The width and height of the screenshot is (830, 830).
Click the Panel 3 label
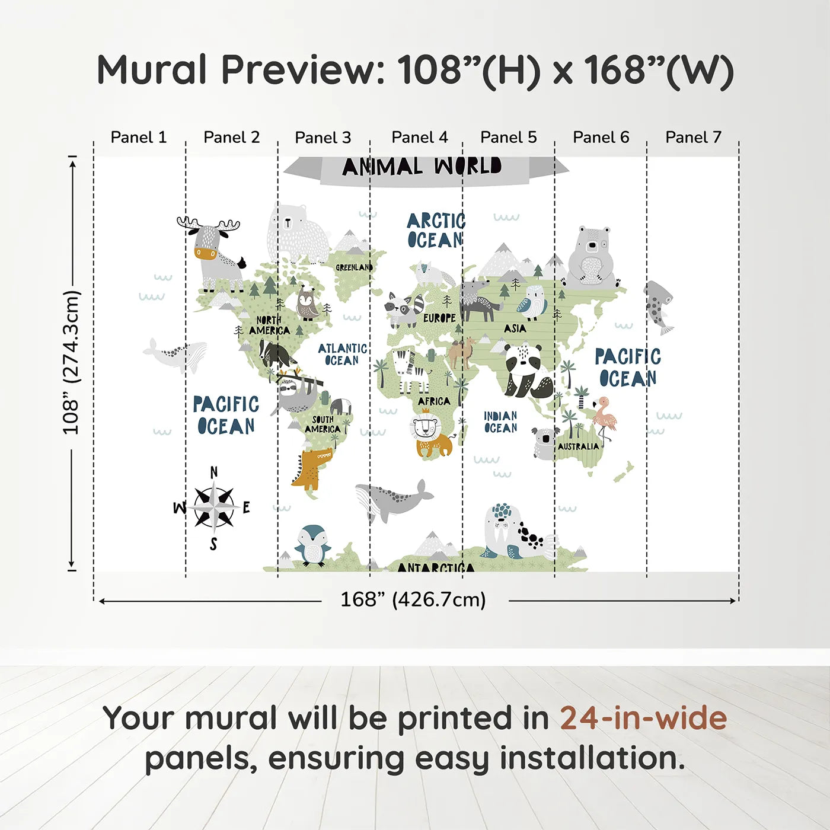click(x=323, y=138)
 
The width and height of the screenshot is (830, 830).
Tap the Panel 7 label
click(x=693, y=137)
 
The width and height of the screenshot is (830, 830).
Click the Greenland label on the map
click(x=354, y=267)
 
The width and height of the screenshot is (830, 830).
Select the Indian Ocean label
click(x=500, y=422)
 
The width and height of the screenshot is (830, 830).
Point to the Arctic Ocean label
click(x=436, y=231)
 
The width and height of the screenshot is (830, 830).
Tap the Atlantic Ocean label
click(x=343, y=354)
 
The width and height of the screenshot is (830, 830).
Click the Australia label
click(x=578, y=446)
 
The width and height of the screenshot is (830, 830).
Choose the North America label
click(x=269, y=325)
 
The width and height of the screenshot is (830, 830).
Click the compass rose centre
click(x=213, y=507)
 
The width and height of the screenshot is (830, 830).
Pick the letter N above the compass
click(x=213, y=473)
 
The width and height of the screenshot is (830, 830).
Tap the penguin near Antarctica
click(x=313, y=545)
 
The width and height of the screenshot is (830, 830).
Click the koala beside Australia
click(x=544, y=442)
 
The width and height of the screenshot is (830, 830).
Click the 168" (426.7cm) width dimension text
click(x=413, y=599)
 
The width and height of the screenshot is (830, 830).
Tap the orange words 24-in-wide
click(x=643, y=718)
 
